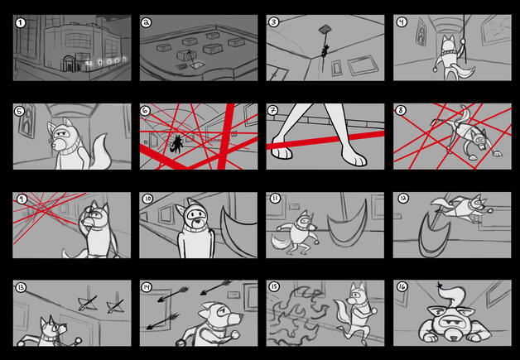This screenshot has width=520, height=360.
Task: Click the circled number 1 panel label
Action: point(21,23)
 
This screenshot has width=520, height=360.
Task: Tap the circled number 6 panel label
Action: point(145,111)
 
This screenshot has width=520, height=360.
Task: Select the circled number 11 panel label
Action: point(275,199)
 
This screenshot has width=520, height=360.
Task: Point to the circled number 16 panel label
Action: point(402,286)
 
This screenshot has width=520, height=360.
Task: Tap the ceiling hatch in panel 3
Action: point(325,30)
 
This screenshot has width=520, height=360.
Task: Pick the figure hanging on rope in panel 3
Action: point(325,50)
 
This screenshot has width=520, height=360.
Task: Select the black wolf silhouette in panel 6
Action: point(176,145)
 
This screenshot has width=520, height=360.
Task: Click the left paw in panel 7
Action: point(282,147)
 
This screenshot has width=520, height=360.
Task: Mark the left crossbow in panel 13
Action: point(88,304)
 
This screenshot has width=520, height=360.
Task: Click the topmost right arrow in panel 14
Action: point(216,287)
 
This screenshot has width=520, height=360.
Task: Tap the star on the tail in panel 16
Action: point(440,285)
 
